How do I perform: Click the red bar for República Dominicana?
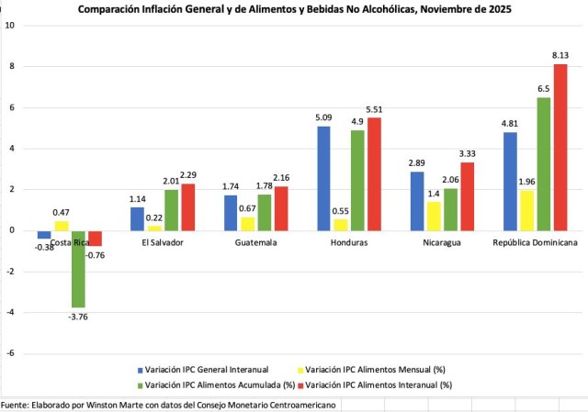[x=560, y=147]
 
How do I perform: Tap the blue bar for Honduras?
[x=323, y=178]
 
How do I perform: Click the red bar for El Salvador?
[x=187, y=206]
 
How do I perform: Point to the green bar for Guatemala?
[x=264, y=212]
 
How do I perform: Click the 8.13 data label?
[x=560, y=56]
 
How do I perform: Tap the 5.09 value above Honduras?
[x=322, y=117]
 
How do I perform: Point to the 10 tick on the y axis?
[x=10, y=25]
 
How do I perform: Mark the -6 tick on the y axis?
[x=10, y=353]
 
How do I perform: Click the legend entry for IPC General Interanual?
[x=196, y=370]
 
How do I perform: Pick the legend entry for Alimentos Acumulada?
[x=209, y=384]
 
